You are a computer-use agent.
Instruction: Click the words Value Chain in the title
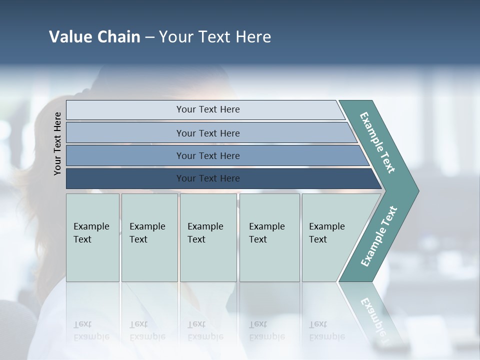pyautogui.click(x=94, y=37)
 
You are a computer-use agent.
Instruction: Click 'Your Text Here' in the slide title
pyautogui.click(x=215, y=37)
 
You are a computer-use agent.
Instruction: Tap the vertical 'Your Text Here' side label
pyautogui.click(x=57, y=143)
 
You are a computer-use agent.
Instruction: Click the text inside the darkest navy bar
pyautogui.click(x=208, y=178)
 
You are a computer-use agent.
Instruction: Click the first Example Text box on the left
pyautogui.click(x=92, y=237)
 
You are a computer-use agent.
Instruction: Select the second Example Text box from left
pyautogui.click(x=149, y=237)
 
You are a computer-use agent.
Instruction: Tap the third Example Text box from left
pyautogui.click(x=208, y=237)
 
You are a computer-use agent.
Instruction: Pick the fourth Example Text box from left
pyautogui.click(x=269, y=237)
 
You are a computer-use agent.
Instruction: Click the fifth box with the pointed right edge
pyautogui.click(x=330, y=237)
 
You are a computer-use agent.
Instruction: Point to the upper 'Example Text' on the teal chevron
pyautogui.click(x=377, y=142)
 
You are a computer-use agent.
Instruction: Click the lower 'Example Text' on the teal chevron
pyautogui.click(x=378, y=236)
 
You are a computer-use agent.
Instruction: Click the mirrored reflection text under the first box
pyautogui.click(x=91, y=330)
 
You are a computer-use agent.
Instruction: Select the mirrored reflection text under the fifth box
pyautogui.click(x=327, y=330)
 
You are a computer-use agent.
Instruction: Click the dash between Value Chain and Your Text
pyautogui.click(x=149, y=37)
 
